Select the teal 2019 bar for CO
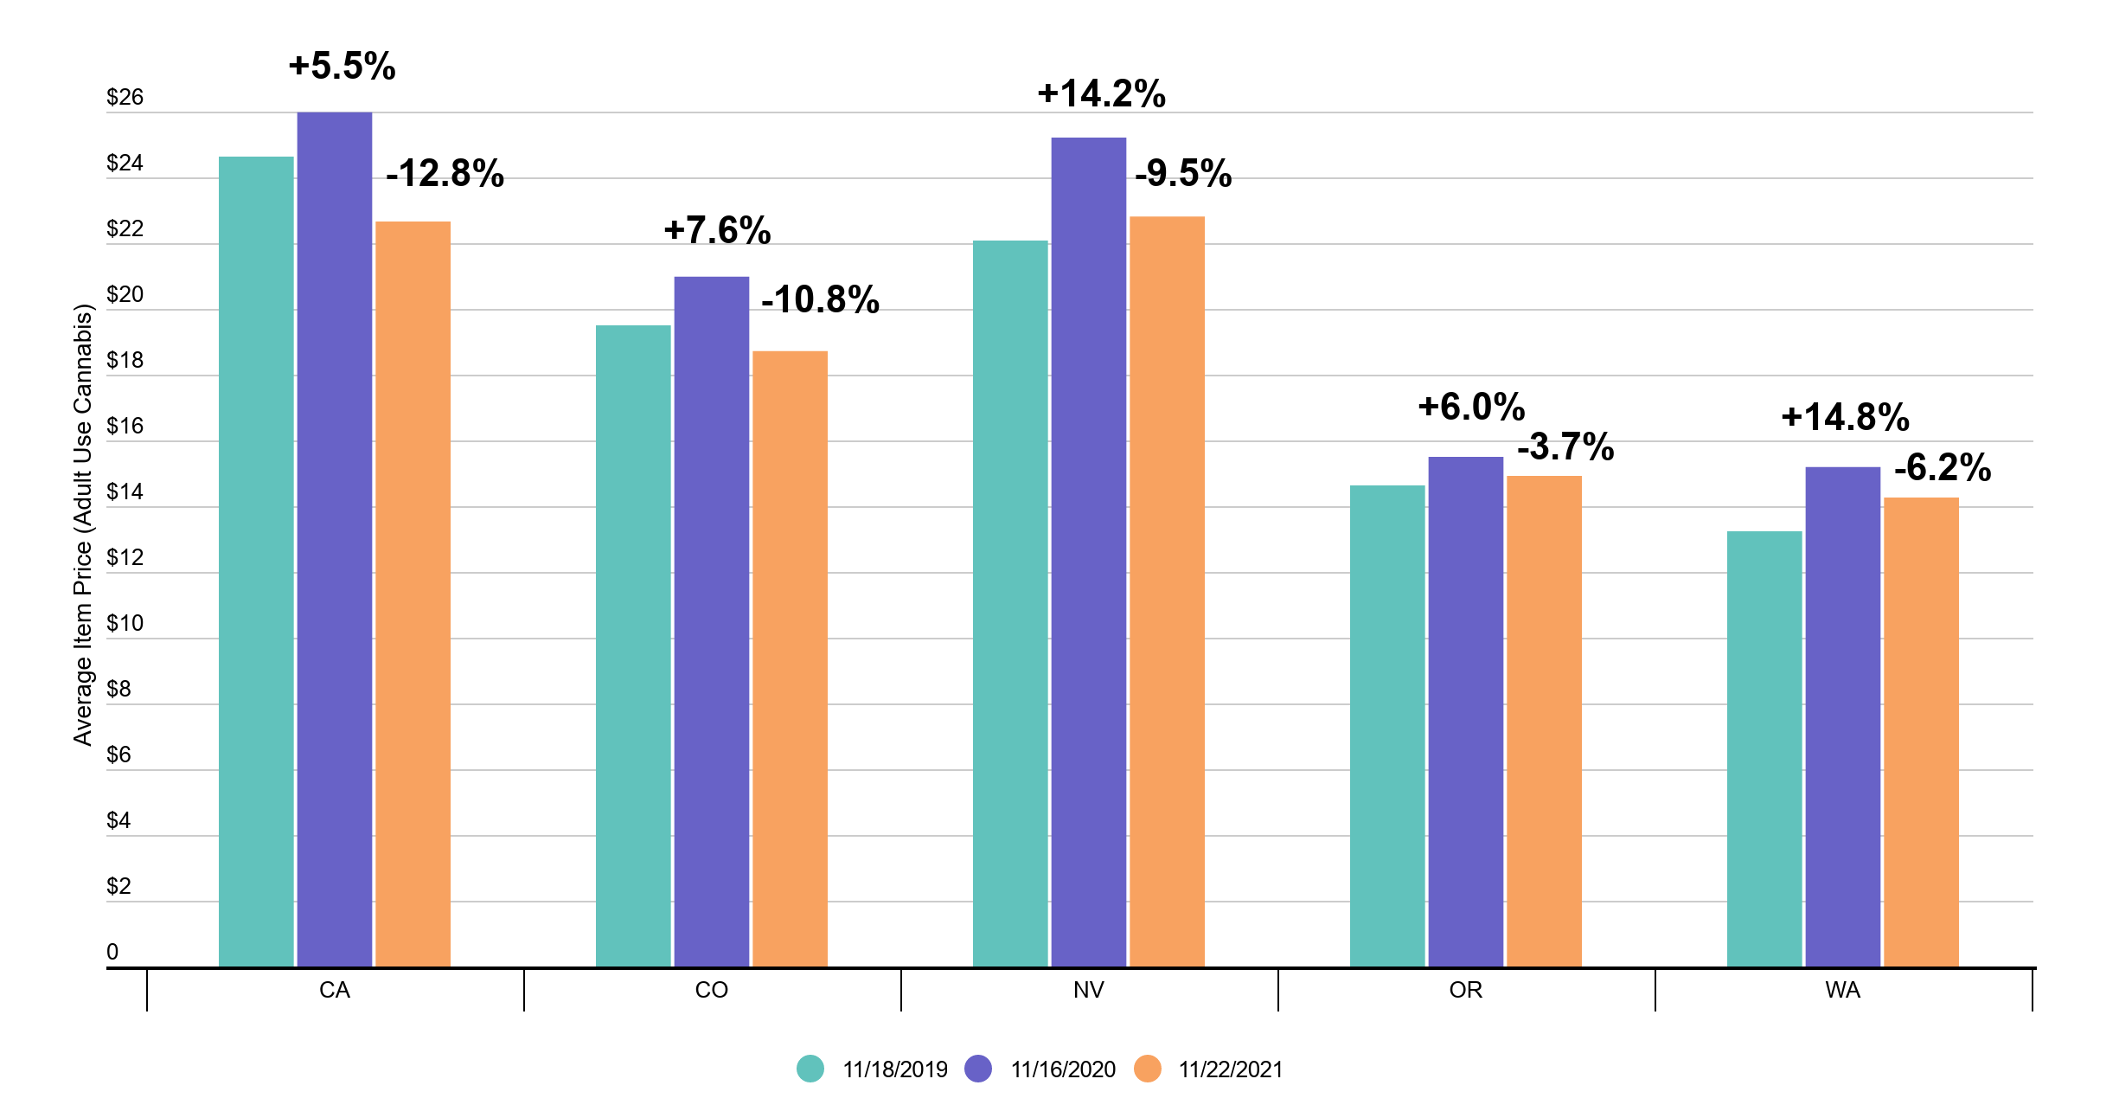(x=633, y=645)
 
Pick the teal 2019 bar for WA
(x=1764, y=748)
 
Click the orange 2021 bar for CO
(x=790, y=658)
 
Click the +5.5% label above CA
(x=342, y=67)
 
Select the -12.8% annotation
(x=445, y=174)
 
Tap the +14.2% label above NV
(x=1101, y=94)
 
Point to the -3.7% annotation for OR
(x=1565, y=447)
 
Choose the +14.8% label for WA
(x=1845, y=418)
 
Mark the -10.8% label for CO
(x=820, y=300)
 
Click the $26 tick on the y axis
(x=125, y=97)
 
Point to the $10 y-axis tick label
(x=125, y=623)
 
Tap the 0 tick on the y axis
(x=112, y=952)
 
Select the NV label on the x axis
(x=1088, y=990)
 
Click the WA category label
(x=1842, y=990)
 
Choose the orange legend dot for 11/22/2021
(x=1148, y=1069)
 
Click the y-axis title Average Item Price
(x=82, y=524)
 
